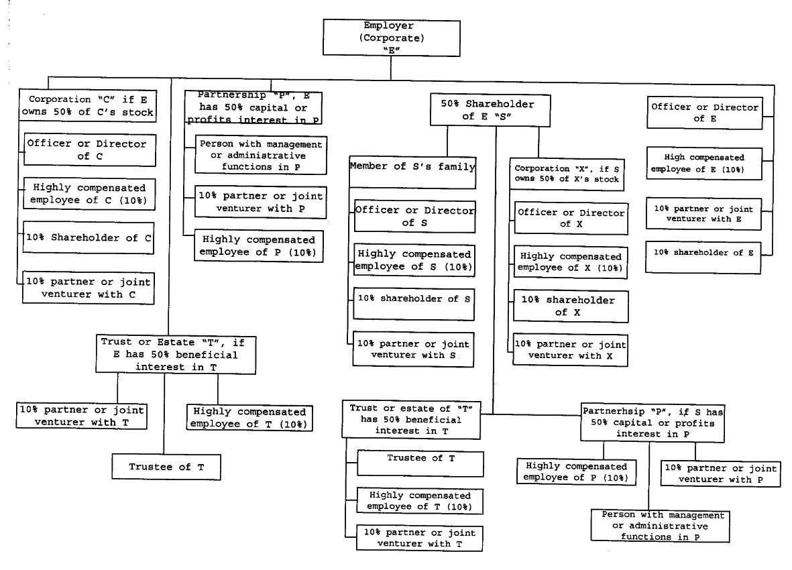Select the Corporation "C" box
(88, 105)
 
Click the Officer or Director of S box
(414, 216)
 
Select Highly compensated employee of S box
(414, 261)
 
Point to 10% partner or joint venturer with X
(571, 349)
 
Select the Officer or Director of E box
(704, 112)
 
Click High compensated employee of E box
(704, 164)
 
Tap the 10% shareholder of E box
(704, 258)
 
